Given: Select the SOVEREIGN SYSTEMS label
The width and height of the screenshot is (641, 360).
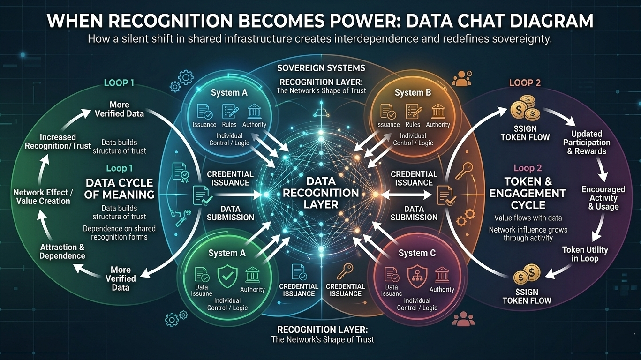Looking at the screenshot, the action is (x=321, y=68).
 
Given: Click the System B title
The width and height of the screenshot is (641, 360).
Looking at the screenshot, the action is (x=413, y=92).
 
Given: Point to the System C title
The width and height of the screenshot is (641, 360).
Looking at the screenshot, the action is (x=417, y=253).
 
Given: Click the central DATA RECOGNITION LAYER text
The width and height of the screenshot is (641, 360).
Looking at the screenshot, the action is (x=321, y=192).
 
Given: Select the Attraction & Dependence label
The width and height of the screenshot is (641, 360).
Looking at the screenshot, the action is (x=62, y=251).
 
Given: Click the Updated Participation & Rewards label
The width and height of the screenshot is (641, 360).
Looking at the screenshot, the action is (x=587, y=142).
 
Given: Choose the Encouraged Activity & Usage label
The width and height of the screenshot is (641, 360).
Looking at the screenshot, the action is (x=603, y=198).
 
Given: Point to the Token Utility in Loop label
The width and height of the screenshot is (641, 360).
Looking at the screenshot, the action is (x=585, y=254).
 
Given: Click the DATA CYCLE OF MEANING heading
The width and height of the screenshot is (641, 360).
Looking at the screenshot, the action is (x=119, y=188).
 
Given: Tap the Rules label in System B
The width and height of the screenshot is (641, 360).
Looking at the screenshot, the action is (x=413, y=125).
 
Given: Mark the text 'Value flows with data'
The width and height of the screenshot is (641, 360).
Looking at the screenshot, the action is (x=528, y=217).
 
